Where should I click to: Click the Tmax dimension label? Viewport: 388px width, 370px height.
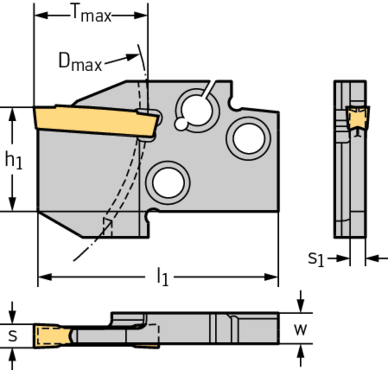(x=90, y=15)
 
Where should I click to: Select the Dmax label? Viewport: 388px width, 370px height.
(x=80, y=62)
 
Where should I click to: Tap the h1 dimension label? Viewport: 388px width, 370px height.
(x=14, y=161)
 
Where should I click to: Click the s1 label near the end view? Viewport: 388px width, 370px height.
(x=316, y=259)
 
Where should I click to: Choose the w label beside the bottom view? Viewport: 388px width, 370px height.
(x=301, y=330)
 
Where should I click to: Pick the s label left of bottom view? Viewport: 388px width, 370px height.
(x=13, y=335)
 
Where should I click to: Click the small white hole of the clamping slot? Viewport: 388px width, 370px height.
(x=181, y=125)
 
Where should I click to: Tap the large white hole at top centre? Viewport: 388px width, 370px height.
(x=195, y=106)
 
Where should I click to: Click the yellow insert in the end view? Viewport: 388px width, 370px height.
(x=358, y=116)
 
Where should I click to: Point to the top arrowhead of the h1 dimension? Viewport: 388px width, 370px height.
(x=14, y=113)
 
